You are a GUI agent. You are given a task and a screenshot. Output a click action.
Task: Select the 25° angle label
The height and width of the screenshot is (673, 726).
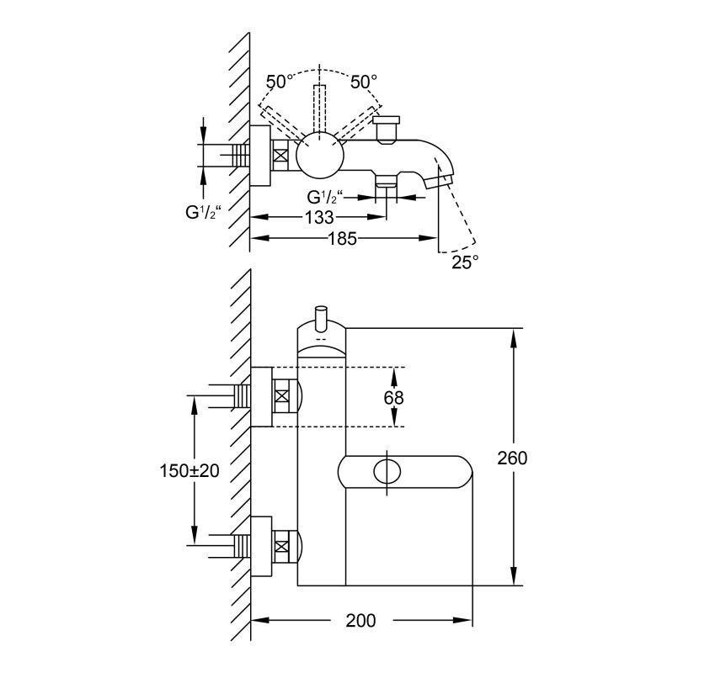464,262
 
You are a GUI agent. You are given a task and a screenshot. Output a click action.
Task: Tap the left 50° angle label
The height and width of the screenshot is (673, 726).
280,82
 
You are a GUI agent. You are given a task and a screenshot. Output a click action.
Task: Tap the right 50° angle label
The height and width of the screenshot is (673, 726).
364,82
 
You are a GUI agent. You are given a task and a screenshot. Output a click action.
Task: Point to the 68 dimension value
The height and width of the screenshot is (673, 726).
393,397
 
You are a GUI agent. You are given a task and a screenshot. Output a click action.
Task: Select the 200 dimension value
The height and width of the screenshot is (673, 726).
360,621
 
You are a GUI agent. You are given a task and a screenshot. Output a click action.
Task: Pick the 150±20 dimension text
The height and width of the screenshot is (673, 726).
190,471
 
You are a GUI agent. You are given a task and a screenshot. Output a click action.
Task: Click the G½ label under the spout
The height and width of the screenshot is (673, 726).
326,197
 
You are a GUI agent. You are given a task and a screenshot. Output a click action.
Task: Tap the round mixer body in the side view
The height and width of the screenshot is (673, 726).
321,156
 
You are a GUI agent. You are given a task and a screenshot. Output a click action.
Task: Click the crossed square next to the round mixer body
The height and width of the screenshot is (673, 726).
280,156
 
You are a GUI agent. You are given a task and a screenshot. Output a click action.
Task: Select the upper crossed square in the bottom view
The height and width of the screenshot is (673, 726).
283,395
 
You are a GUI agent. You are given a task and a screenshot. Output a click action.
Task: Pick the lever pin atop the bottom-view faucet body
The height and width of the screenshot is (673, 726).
320,320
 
